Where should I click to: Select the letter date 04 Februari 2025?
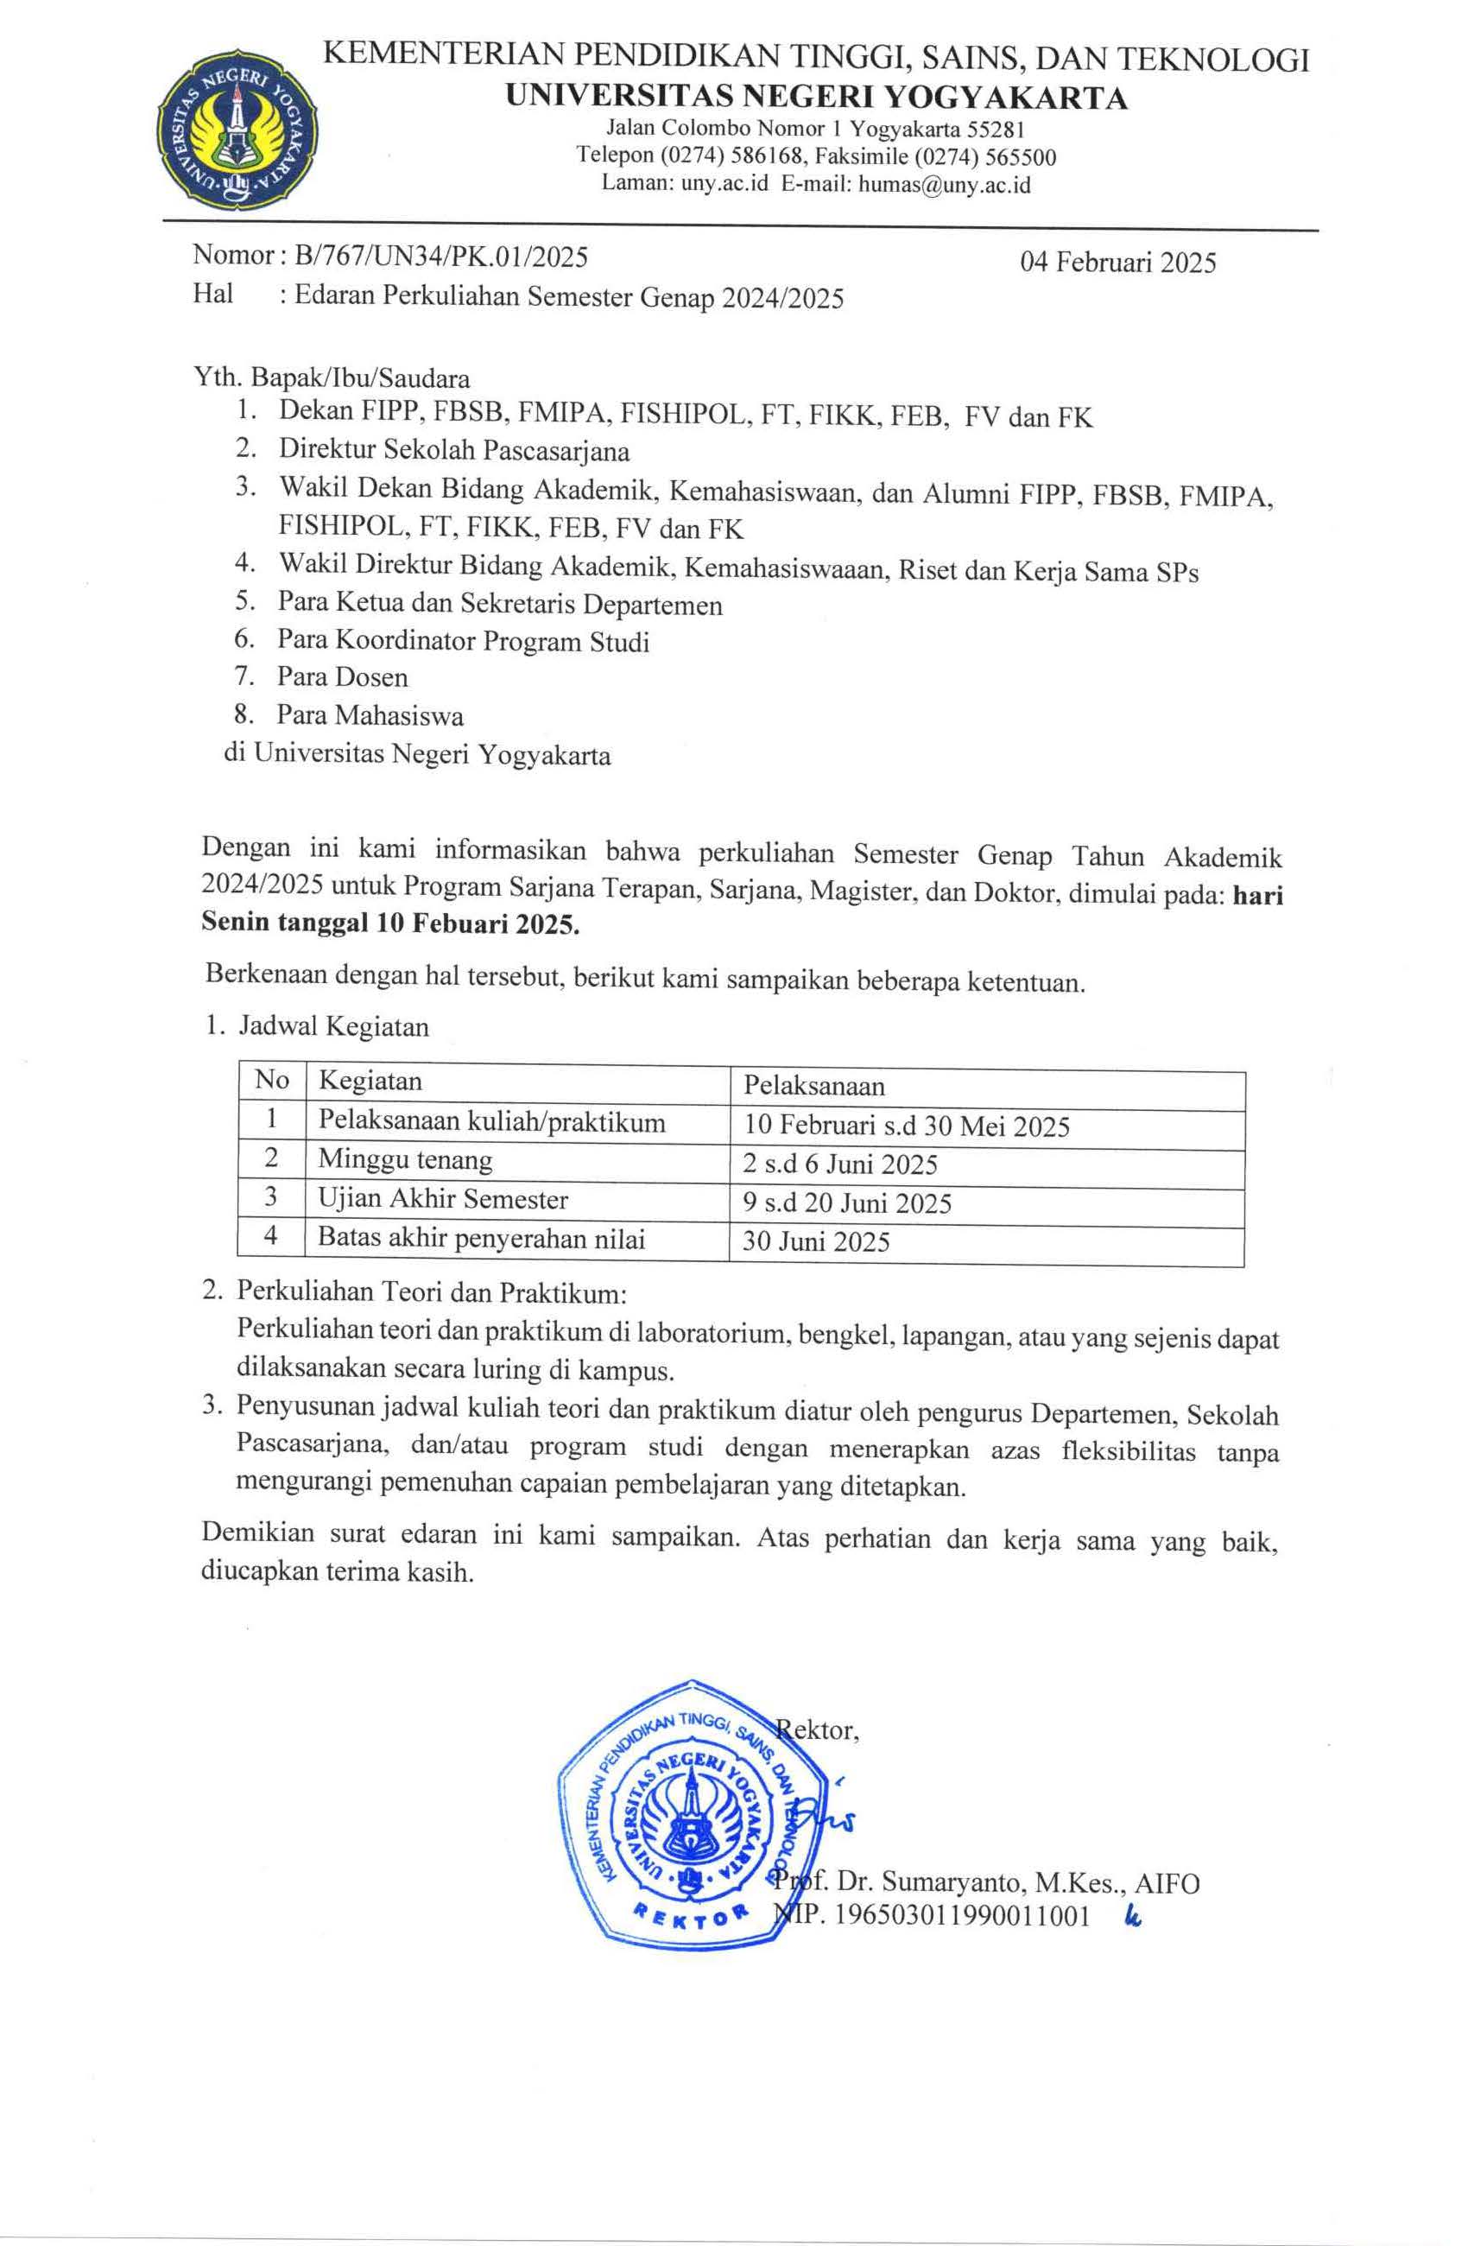[1118, 263]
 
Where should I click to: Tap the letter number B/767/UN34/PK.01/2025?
[440, 256]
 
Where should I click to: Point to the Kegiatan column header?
[370, 1081]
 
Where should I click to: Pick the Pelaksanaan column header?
[814, 1085]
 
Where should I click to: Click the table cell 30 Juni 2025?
[816, 1241]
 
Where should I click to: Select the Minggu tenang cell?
[405, 1159]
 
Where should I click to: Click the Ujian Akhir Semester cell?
[442, 1199]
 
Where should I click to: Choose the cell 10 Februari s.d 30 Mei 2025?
[906, 1126]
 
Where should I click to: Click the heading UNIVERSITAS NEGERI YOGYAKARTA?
[816, 98]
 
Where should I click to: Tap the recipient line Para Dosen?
[343, 677]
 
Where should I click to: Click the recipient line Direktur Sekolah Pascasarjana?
[454, 450]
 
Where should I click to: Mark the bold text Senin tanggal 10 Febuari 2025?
[390, 923]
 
